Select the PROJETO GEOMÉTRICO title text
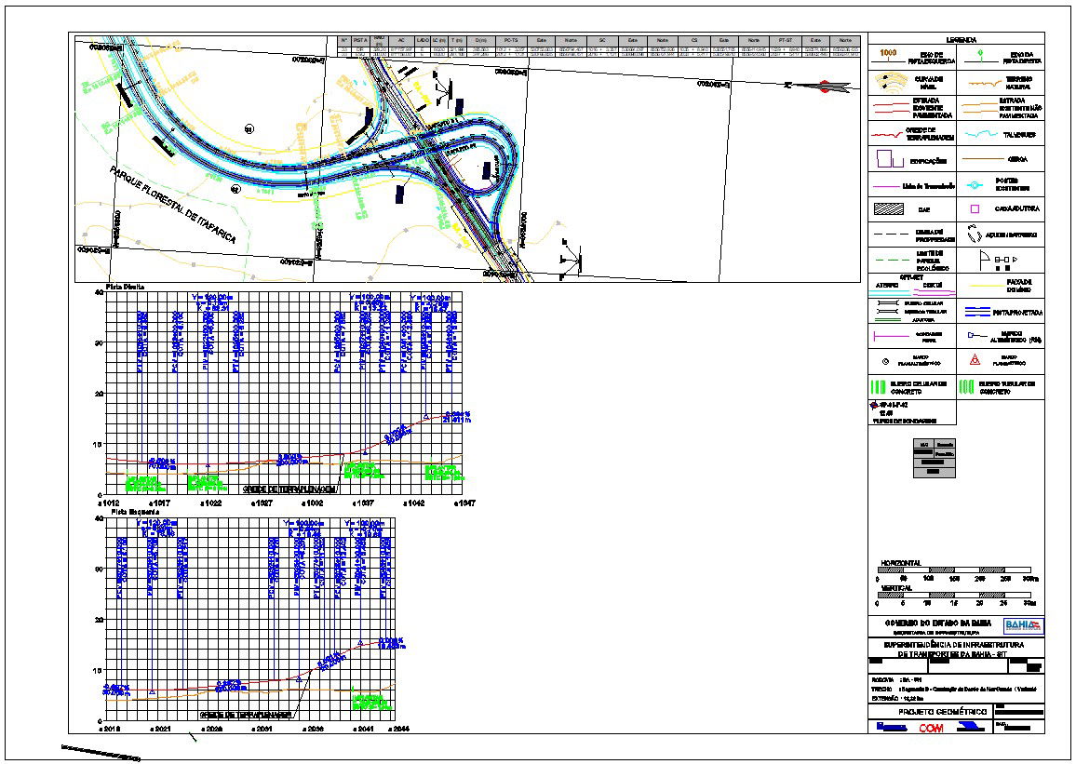tap(934, 712)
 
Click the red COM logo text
tap(931, 728)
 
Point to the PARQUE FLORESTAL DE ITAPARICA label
tap(172, 206)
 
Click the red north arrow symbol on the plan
tap(824, 87)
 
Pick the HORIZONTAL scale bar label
tap(901, 564)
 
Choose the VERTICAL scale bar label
tap(896, 588)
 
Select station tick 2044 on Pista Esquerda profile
tap(397, 730)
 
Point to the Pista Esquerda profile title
tap(130, 511)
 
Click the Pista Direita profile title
tap(127, 286)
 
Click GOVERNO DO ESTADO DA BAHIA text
tap(931, 623)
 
